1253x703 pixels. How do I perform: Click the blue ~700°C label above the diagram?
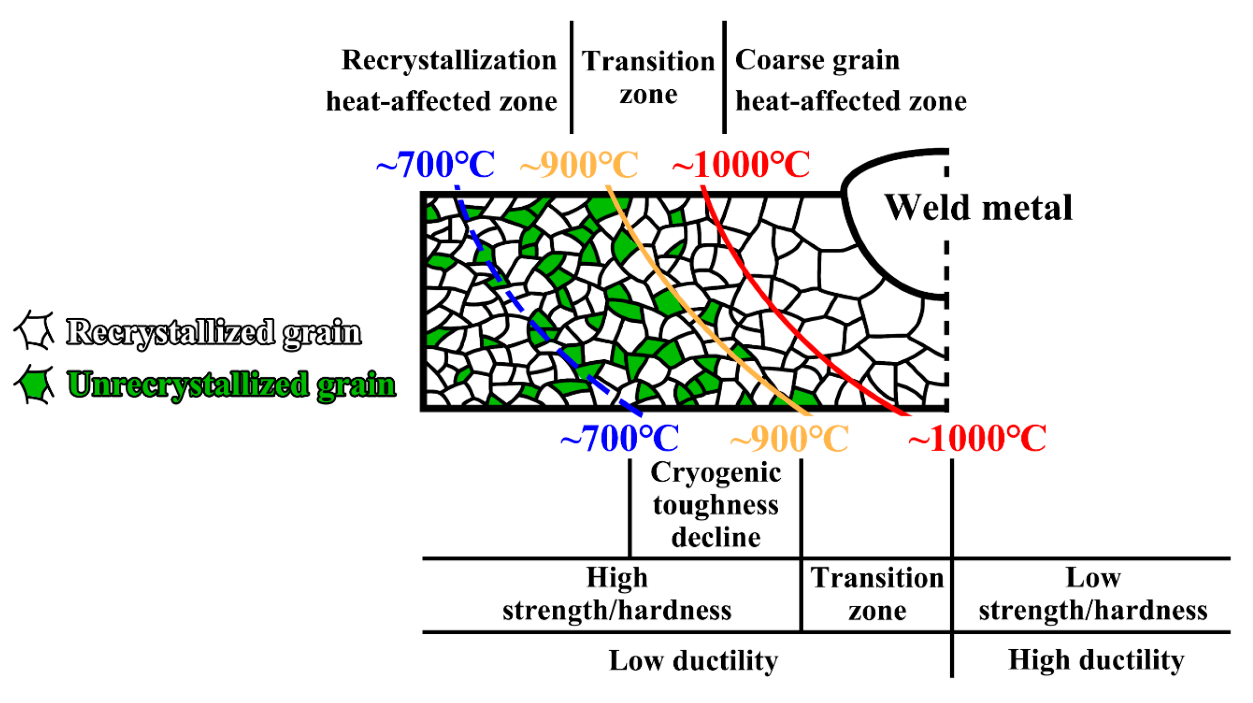click(435, 165)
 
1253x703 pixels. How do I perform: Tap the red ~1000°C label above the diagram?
click(741, 165)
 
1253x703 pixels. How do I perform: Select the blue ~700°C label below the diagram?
click(620, 439)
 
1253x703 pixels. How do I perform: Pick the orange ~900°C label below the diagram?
click(789, 439)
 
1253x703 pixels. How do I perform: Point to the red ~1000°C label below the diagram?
click(977, 439)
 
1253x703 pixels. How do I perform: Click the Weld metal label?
click(978, 208)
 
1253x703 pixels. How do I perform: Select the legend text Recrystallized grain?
click(214, 332)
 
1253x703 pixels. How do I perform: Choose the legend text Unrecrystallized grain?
click(231, 385)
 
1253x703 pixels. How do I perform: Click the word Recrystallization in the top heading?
click(449, 61)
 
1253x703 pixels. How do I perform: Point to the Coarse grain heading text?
click(817, 61)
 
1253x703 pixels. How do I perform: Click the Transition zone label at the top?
click(648, 77)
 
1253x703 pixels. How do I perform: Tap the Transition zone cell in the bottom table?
click(877, 594)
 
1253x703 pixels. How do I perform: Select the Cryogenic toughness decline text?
click(716, 505)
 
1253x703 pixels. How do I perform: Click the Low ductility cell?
click(693, 660)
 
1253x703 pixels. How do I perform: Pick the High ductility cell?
click(1096, 660)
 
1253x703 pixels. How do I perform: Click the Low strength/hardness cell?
click(1093, 594)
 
